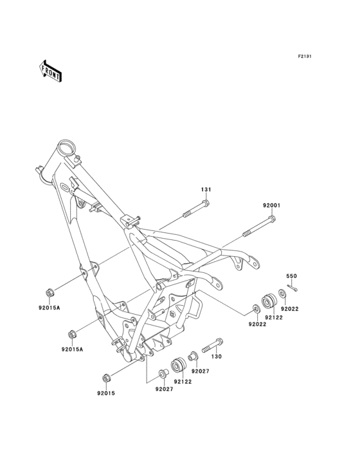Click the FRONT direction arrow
pos(51,70)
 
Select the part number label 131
pos(206,190)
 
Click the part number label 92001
pos(271,206)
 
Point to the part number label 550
pos(291,275)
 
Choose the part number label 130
pos(217,356)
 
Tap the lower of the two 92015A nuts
pos(73,333)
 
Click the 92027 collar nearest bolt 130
pos(192,356)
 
